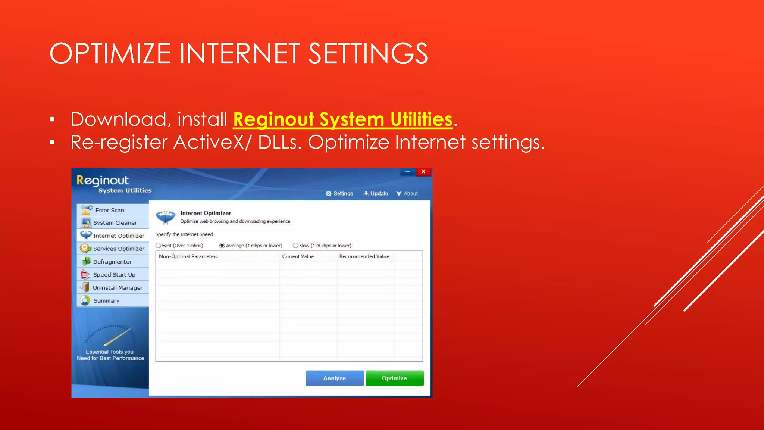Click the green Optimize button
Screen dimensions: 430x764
click(394, 378)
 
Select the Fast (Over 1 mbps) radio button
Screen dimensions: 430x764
click(159, 246)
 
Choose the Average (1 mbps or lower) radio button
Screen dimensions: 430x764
click(222, 246)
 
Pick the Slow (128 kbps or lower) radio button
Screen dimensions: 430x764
click(295, 246)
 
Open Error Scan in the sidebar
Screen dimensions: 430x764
click(109, 210)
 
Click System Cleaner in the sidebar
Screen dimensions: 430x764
click(115, 223)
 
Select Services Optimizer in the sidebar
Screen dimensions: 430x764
click(118, 249)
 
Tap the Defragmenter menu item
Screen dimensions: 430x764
click(112, 262)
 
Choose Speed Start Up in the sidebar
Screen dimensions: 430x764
click(114, 275)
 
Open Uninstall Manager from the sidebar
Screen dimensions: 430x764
click(117, 288)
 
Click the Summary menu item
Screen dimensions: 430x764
click(106, 301)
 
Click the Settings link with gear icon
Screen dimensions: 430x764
click(339, 193)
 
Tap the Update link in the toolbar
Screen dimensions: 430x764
click(376, 193)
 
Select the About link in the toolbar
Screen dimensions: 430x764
click(407, 193)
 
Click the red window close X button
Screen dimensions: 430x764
click(423, 172)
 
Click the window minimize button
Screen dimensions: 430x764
click(408, 172)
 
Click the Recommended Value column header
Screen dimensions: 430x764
click(364, 256)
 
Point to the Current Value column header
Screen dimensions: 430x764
click(298, 256)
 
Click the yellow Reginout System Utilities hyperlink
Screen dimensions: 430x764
click(342, 119)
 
